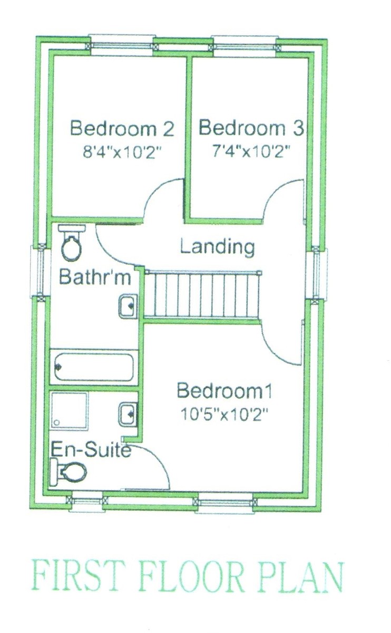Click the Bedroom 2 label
click(122, 129)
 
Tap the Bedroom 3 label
click(251, 128)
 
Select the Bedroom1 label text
click(224, 391)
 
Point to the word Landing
click(217, 248)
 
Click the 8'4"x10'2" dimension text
click(122, 153)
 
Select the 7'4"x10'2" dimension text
click(251, 152)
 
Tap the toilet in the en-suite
click(69, 472)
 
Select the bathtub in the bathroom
click(94, 367)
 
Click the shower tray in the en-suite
click(69, 410)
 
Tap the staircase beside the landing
click(202, 295)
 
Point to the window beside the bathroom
click(41, 271)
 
